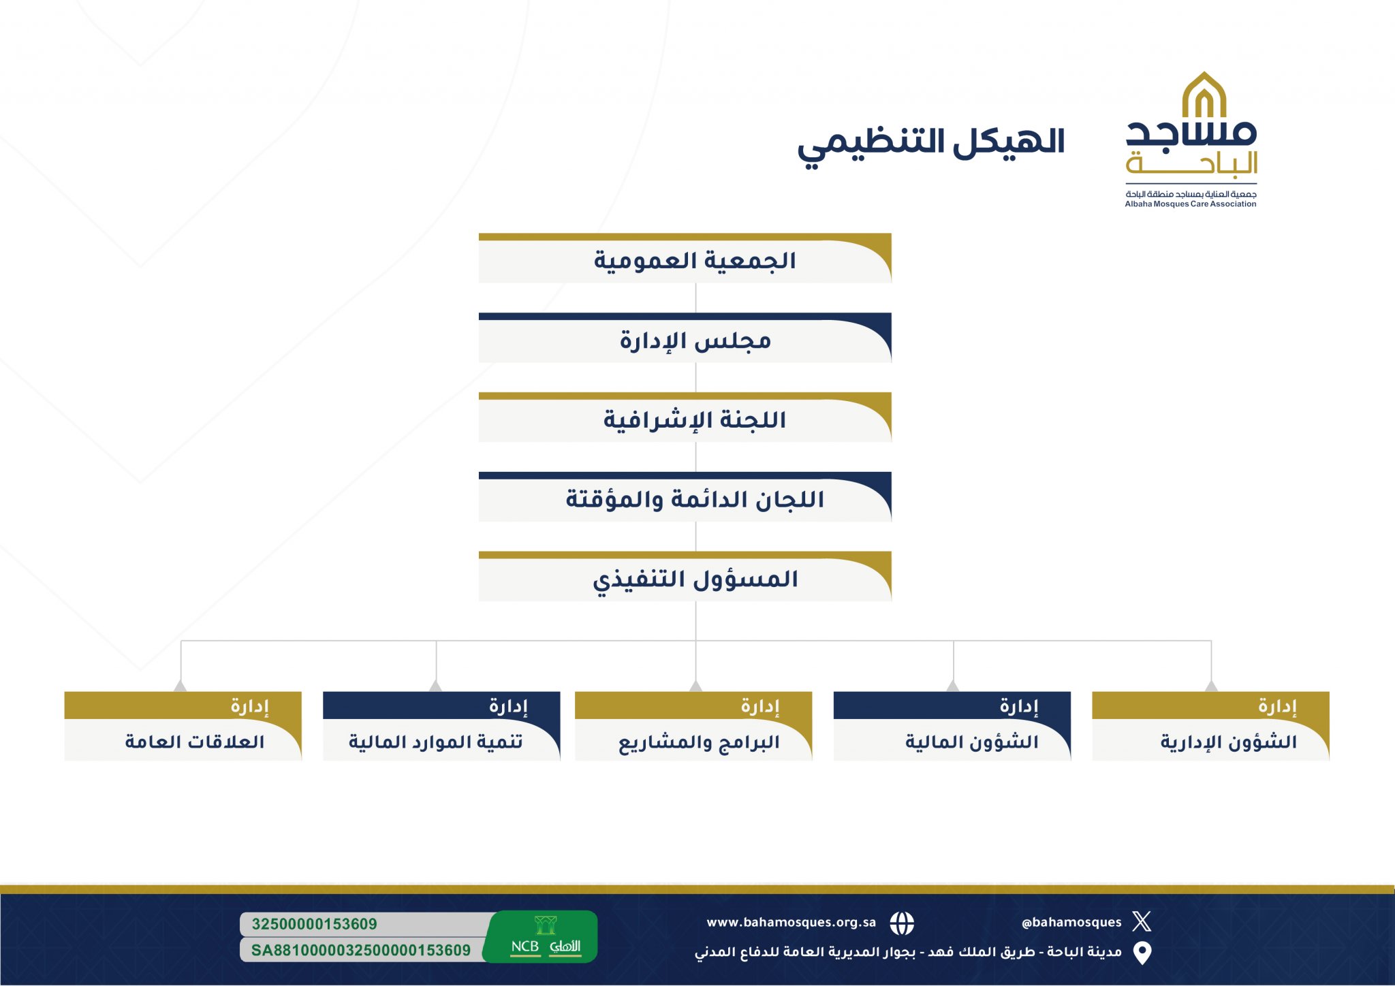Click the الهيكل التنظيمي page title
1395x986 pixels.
930,144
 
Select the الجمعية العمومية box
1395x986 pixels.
685,258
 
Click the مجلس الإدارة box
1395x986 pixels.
685,338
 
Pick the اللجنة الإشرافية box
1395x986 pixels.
685,417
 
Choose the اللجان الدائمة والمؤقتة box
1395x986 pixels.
685,497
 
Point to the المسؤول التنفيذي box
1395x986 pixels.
685,577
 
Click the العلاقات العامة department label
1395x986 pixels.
195,742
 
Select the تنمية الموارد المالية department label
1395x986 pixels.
436,742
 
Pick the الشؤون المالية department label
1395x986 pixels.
972,742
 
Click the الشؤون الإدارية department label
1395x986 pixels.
1229,742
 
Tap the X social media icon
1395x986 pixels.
1142,921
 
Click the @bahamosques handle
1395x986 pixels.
1071,922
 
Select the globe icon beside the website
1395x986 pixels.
902,923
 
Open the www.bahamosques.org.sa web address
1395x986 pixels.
791,923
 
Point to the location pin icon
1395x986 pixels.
1142,953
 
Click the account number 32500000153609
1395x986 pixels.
314,924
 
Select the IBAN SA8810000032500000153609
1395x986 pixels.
361,951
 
